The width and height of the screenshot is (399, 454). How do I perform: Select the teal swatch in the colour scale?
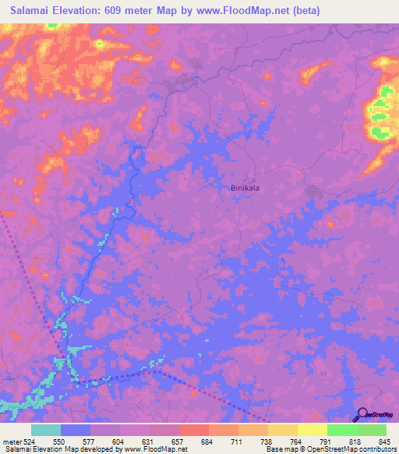tap(46, 430)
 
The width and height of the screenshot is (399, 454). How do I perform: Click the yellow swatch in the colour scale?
tap(312, 430)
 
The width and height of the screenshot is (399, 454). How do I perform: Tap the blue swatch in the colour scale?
tap(76, 430)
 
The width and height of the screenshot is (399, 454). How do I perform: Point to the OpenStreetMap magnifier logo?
tap(362, 415)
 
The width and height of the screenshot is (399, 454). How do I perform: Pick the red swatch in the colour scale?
tap(194, 430)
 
